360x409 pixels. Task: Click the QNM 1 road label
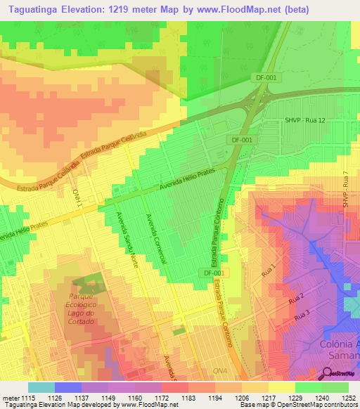78,197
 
